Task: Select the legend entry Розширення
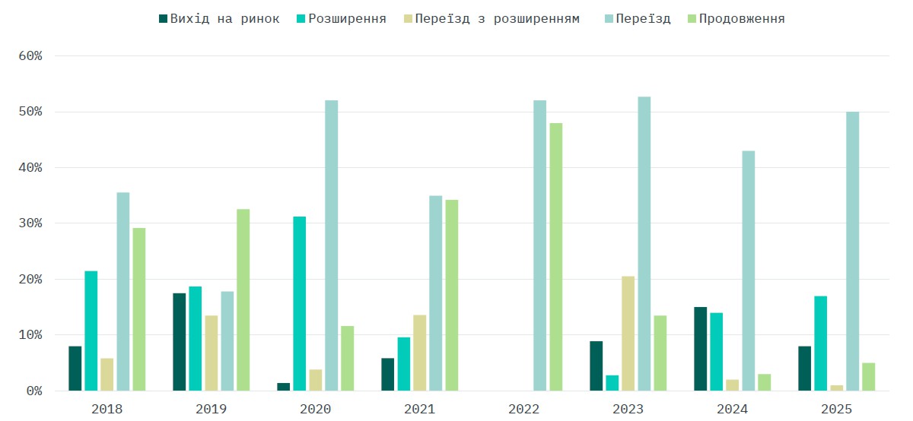click(342, 19)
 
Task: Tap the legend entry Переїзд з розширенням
click(491, 19)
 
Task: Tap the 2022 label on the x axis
click(523, 409)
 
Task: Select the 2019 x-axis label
click(211, 409)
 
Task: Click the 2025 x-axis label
click(836, 409)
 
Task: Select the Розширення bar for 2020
click(300, 303)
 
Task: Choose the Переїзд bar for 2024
click(749, 271)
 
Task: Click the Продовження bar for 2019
click(243, 299)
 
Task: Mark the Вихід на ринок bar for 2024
click(701, 349)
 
